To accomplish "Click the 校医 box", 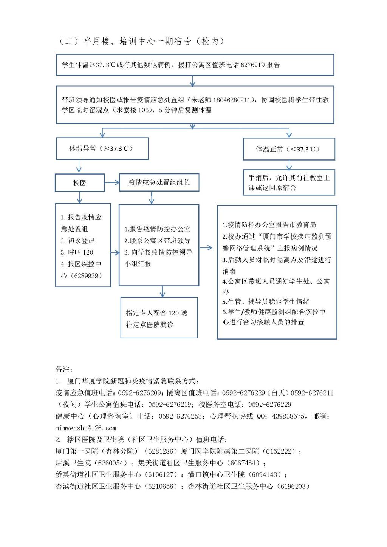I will [80, 183].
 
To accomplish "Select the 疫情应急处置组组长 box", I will [159, 182].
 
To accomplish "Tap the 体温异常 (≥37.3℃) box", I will [102, 148].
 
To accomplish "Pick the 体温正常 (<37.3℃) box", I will [289, 149].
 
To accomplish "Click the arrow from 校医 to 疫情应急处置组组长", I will [112, 183].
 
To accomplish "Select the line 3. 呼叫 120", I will [77, 252].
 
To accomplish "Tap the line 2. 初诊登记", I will [77, 241].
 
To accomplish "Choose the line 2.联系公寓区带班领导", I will [157, 241].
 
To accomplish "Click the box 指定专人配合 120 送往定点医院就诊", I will [159, 318].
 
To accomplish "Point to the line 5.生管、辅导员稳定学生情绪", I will [266, 301].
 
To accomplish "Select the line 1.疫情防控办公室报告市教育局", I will [269, 225].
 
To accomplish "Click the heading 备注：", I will [64, 369].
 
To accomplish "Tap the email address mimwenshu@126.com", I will [86, 428].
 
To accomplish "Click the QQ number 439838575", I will [288, 416].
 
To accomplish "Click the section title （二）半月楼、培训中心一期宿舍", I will [140, 41].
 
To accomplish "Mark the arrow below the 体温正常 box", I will [289, 165].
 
